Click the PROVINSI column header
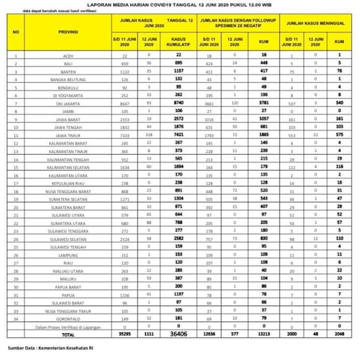(68, 31)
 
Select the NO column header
(16, 31)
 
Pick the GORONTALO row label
(68, 319)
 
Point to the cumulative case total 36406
(178, 334)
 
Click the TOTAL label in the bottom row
(68, 335)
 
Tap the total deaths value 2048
(339, 334)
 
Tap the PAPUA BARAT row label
(68, 287)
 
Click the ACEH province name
(68, 55)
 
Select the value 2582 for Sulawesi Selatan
(178, 239)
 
